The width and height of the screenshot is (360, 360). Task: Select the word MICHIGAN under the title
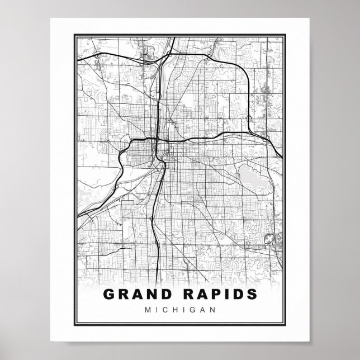point(179,309)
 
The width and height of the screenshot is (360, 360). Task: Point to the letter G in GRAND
point(108,294)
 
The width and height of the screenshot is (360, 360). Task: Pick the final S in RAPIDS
point(253,294)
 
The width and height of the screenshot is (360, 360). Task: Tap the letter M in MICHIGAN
point(147,309)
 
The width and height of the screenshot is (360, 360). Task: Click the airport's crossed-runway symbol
point(271,239)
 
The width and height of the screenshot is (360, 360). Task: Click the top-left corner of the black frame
point(73,34)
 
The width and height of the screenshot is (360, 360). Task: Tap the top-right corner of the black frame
point(287,34)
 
